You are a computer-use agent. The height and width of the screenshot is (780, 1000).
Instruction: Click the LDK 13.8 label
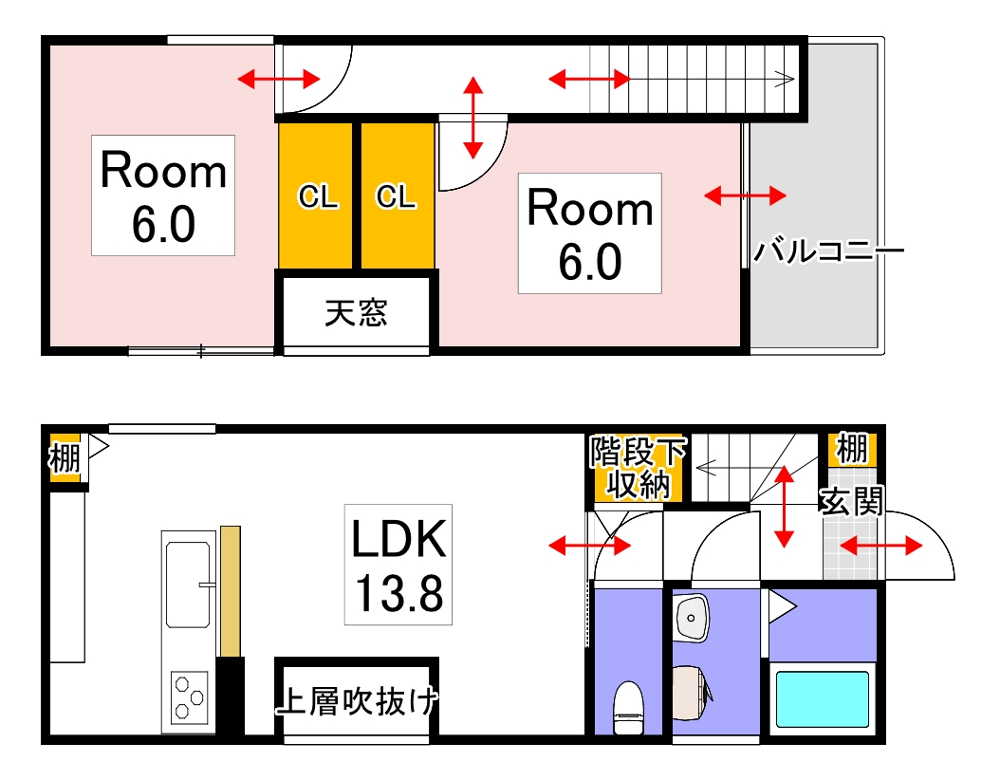click(398, 565)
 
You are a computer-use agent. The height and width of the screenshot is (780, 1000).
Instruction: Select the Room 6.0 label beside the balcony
click(589, 232)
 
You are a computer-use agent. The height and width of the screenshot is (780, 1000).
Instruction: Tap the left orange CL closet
click(318, 196)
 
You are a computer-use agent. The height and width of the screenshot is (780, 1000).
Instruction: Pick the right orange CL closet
click(396, 196)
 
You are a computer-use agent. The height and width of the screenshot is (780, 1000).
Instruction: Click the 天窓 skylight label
click(356, 313)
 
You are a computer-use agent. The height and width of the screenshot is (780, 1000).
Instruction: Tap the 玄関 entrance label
click(851, 500)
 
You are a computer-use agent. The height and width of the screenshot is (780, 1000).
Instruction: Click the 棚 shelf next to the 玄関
click(851, 449)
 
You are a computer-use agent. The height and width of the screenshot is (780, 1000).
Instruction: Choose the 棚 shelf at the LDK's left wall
click(65, 457)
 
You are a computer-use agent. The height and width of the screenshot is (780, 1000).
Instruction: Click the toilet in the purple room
click(628, 707)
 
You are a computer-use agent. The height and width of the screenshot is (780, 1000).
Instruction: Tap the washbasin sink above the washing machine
click(694, 619)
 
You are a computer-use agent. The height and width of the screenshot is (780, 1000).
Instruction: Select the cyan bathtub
click(823, 698)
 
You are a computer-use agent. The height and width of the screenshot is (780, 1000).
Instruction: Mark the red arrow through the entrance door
click(881, 546)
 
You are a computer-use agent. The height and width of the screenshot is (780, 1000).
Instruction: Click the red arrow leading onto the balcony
click(745, 195)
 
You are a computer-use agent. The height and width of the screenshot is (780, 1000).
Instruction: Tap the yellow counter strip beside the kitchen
click(230, 590)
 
